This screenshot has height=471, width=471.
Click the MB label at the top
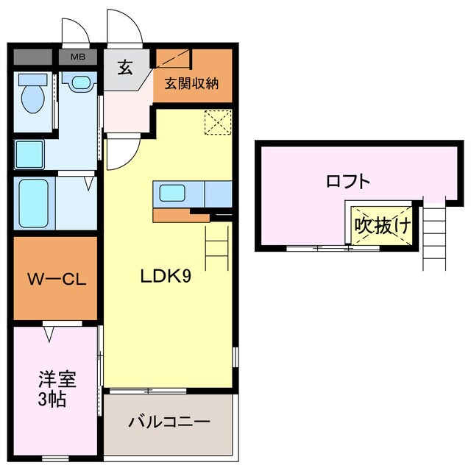click(77, 56)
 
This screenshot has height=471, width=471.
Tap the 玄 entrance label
click(125, 69)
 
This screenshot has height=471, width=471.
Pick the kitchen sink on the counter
click(173, 193)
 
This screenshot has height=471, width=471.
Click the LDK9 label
click(166, 277)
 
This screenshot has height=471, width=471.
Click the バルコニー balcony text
click(169, 422)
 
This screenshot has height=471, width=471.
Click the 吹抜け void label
click(381, 224)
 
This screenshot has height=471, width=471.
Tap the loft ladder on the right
click(433, 235)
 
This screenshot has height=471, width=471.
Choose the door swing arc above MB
click(74, 29)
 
